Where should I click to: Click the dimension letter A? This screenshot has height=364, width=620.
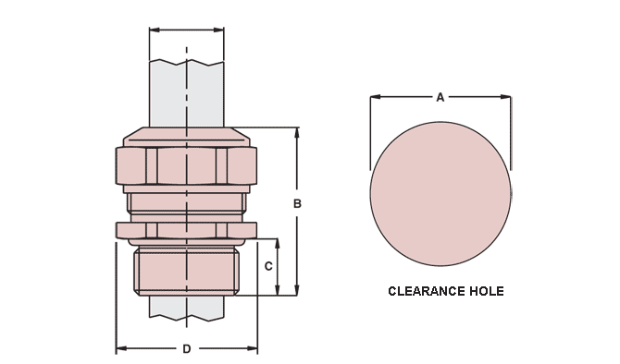click(x=440, y=97)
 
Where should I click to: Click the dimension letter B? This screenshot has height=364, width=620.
click(x=297, y=204)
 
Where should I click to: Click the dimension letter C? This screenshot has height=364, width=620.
click(x=268, y=266)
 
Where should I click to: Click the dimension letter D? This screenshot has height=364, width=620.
click(x=187, y=349)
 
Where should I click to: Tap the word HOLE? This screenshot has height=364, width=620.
click(x=487, y=291)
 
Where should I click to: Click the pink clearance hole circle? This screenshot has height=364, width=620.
click(x=440, y=193)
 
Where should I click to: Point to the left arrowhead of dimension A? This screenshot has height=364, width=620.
click(x=376, y=97)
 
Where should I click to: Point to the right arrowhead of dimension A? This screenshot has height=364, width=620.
click(x=506, y=97)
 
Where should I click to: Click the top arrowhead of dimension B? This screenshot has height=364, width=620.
click(x=297, y=132)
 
